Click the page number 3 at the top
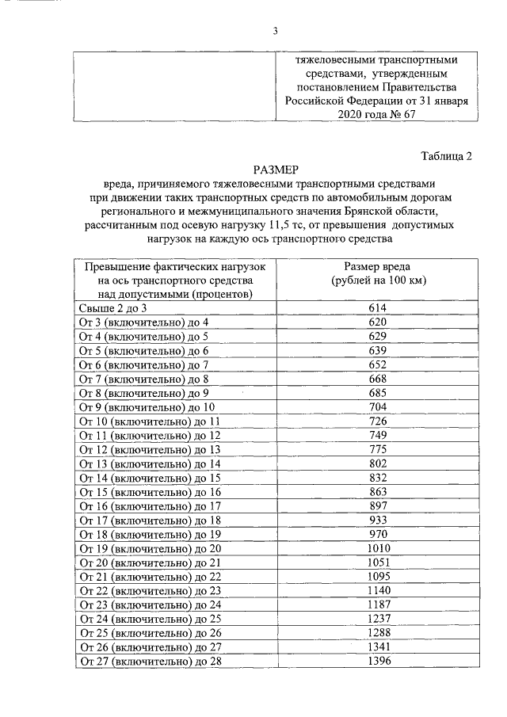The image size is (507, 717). click(x=275, y=31)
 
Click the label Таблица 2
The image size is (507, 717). click(x=445, y=156)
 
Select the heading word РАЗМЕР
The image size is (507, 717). click(x=275, y=170)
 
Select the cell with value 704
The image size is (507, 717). click(x=377, y=407)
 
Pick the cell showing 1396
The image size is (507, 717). click(x=377, y=661)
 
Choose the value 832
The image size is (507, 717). click(x=377, y=478)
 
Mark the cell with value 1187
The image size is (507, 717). click(x=377, y=604)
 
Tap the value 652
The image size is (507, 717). click(x=377, y=364)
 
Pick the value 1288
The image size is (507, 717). click(x=377, y=633)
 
